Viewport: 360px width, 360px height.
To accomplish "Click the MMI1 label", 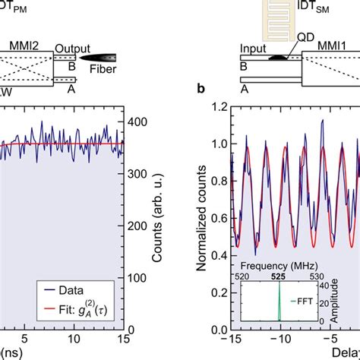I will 325,44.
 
